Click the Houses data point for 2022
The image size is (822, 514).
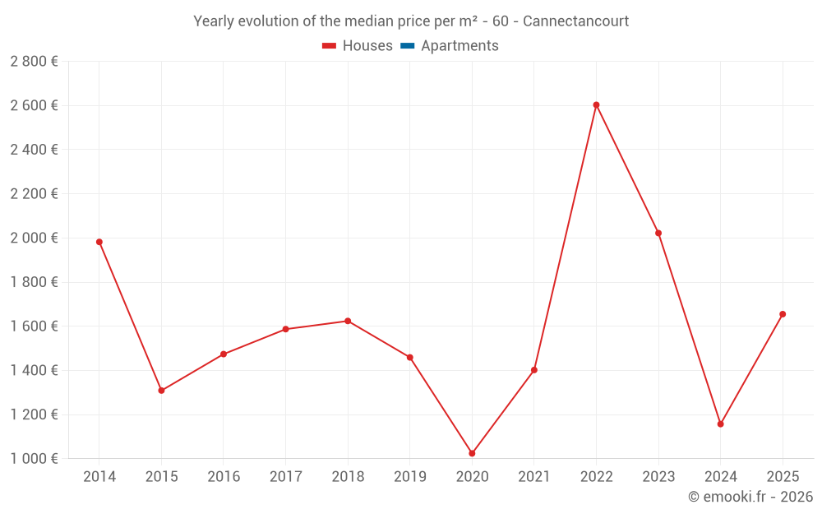click(596, 105)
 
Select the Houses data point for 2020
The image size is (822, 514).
click(472, 453)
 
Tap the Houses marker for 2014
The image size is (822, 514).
click(99, 242)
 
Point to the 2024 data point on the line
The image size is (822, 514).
click(720, 424)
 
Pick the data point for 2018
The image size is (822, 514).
click(348, 321)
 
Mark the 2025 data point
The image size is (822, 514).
click(783, 314)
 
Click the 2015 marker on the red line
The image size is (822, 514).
click(161, 391)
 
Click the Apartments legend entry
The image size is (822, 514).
click(459, 46)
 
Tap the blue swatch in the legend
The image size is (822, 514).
click(408, 46)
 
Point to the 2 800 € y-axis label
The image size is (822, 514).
click(34, 62)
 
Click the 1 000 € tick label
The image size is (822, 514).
click(34, 459)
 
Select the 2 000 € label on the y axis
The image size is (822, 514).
click(34, 238)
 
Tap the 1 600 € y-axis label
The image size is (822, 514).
click(34, 326)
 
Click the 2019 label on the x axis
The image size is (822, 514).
click(409, 477)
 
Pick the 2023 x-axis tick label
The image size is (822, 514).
click(658, 477)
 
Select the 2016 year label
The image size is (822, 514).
click(224, 477)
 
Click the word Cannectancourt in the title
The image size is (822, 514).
click(575, 21)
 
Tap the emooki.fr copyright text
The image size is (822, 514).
click(750, 497)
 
